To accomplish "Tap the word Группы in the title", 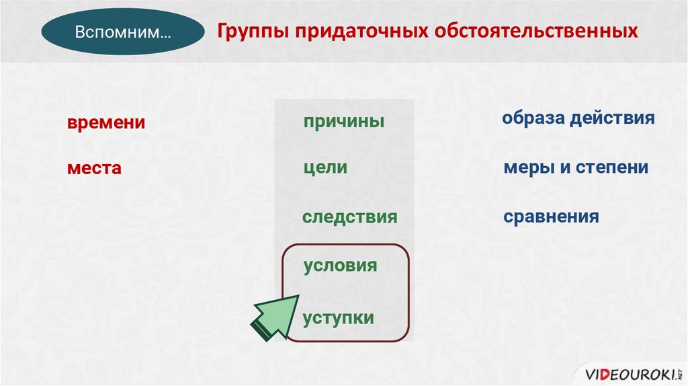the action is tap(253, 32).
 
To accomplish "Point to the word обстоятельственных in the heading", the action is tap(536, 31).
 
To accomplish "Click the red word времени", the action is tap(106, 122).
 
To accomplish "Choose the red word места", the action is tap(94, 168).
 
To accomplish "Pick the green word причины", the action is tap(344, 122).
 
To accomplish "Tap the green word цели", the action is tap(326, 167).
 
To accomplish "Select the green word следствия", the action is tap(349, 217).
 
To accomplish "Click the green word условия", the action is tap(340, 266).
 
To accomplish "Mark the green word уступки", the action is tap(339, 318).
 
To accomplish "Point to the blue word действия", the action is tap(613, 118).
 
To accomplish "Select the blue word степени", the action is tap(612, 167).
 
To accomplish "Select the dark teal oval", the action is tap(123, 32).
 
